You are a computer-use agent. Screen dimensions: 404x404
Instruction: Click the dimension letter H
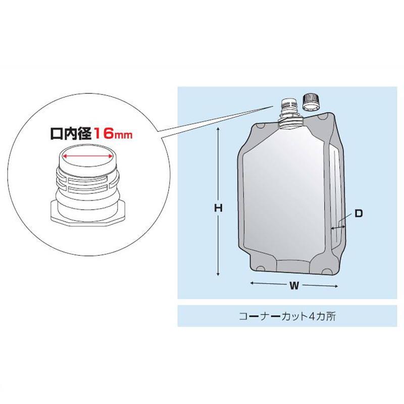tap(218, 208)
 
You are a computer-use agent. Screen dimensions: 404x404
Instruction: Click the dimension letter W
tap(294, 285)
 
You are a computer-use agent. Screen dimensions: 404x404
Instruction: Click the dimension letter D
tap(359, 213)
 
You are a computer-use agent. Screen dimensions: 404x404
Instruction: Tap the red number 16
tap(104, 134)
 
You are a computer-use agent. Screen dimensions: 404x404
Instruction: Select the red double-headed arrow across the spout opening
tap(88, 156)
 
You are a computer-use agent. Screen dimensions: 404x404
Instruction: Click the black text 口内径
tap(71, 134)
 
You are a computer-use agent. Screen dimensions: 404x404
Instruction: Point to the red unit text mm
tap(123, 135)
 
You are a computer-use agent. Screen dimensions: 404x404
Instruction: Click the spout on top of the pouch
tap(290, 113)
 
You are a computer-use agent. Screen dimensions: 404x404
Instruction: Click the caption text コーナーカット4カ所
tap(287, 316)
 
